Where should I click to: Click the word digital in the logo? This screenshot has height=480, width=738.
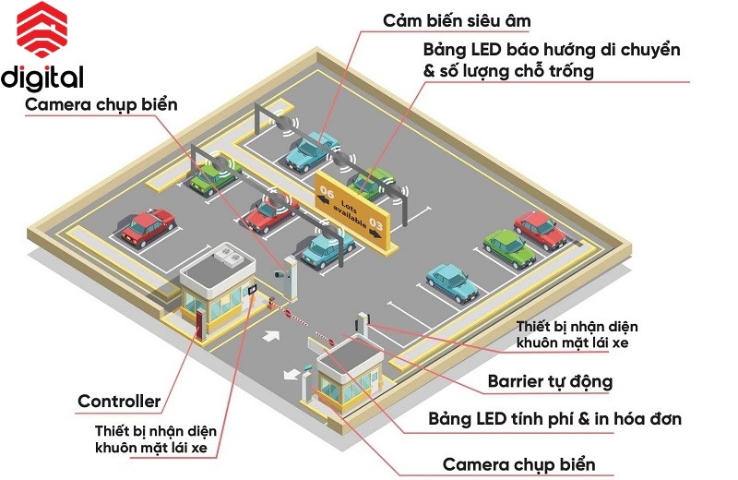[x=42, y=77]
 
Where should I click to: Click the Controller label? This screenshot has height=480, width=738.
[x=119, y=402]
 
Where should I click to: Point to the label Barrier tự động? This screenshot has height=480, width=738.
[x=550, y=381]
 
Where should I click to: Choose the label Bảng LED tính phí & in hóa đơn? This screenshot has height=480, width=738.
[x=554, y=419]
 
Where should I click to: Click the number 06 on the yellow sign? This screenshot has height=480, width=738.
[x=327, y=193]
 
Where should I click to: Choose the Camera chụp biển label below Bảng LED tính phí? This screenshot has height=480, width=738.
[x=518, y=463]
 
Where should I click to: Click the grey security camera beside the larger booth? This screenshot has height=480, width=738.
[x=281, y=274]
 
